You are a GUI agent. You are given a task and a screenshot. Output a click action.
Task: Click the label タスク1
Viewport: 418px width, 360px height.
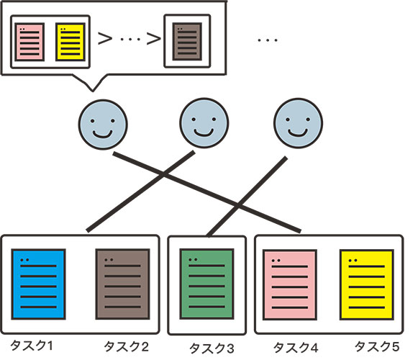[32, 346]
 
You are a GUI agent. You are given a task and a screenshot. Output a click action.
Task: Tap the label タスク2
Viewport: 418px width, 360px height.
[126, 346]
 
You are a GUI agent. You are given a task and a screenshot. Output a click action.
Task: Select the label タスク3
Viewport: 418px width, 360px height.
[212, 348]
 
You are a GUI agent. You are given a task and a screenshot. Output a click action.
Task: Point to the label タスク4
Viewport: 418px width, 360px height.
[296, 348]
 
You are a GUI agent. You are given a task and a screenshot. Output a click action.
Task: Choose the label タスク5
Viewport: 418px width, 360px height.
[377, 346]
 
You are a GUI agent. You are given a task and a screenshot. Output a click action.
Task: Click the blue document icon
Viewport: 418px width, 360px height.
[38, 284]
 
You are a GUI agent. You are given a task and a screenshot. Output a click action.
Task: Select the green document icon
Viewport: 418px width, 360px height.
[207, 284]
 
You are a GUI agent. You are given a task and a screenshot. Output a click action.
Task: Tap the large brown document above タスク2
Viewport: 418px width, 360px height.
[122, 284]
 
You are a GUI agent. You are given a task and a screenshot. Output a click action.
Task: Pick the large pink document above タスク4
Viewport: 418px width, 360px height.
[290, 284]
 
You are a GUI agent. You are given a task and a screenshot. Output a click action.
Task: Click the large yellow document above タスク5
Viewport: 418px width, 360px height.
[366, 284]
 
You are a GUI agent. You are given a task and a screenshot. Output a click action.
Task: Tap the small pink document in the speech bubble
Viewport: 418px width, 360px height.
[29, 42]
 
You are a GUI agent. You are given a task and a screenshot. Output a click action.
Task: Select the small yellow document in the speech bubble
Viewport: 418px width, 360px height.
[71, 42]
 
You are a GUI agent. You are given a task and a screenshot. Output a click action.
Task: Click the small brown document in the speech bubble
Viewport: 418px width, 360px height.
[187, 42]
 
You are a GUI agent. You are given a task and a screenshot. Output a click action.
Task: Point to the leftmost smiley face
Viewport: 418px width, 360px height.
[103, 125]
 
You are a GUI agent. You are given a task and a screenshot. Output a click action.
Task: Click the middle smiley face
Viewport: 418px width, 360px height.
[204, 123]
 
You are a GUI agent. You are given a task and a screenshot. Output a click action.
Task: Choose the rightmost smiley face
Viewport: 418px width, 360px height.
[298, 123]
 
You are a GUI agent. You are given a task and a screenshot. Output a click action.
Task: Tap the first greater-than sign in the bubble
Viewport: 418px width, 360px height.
[105, 38]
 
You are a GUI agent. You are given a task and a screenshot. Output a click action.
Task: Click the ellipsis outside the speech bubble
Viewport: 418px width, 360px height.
[268, 40]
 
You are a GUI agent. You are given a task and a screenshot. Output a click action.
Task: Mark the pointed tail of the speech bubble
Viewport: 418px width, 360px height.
[93, 91]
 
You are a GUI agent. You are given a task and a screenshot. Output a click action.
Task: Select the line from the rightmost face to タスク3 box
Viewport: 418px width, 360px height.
[247, 197]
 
